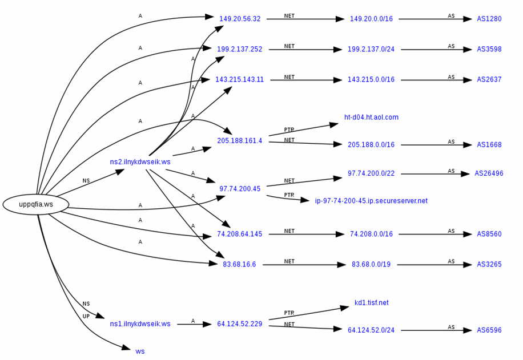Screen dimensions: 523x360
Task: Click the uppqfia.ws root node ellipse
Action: point(36,204)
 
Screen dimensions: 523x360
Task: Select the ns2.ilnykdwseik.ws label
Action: point(140,162)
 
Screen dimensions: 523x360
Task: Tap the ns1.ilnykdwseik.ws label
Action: point(140,324)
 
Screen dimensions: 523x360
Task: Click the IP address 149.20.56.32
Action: point(240,19)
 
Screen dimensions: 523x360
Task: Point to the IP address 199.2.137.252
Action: point(239,49)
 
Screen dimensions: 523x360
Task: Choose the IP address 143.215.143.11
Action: point(239,80)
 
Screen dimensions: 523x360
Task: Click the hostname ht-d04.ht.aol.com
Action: point(371,118)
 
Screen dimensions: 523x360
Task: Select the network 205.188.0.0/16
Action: point(371,145)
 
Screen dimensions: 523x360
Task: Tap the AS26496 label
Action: point(489,173)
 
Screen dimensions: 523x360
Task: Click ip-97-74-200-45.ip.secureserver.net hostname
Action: point(371,201)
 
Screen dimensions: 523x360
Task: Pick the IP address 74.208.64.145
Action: point(239,234)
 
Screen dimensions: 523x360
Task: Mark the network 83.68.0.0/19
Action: point(371,265)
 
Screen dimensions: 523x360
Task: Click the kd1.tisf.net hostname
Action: point(372,303)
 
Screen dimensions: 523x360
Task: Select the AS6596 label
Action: point(489,330)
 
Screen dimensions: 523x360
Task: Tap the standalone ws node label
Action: point(140,351)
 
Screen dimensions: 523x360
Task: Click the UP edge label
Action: point(86,316)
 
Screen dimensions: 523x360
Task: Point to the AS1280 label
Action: point(489,19)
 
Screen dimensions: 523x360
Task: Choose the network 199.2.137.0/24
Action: point(371,49)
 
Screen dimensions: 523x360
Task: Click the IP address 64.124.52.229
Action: point(239,324)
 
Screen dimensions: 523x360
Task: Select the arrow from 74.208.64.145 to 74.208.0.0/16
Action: point(307,234)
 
